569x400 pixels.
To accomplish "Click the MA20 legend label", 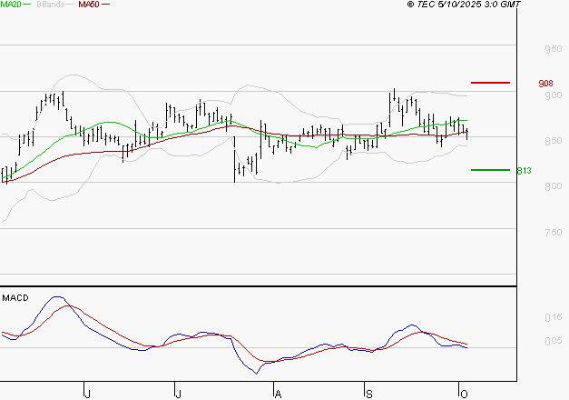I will pos(12,5).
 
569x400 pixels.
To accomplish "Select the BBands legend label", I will pos(48,5).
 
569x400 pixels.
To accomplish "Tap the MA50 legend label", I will pos(89,5).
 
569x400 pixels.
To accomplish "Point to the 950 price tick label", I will pos(553,49).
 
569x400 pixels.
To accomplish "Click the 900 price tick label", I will pos(553,95).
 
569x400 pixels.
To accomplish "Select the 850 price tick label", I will pos(553,141).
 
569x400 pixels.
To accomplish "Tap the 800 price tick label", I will pos(553,186).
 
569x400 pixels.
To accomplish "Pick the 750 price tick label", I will pos(553,233).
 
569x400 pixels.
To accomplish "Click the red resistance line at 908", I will pos(491,83).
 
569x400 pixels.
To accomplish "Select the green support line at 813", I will pos(491,170).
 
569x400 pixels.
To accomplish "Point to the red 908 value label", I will pos(546,84).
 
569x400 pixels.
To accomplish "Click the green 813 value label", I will pos(524,171).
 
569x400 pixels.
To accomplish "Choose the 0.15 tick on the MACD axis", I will pos(554,317).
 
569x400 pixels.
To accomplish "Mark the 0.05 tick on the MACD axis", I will pos(554,341).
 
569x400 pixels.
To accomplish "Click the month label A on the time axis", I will pos(278,393).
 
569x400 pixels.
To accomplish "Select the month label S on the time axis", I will pos(369,393).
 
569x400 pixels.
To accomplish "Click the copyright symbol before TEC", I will pos(411,5).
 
